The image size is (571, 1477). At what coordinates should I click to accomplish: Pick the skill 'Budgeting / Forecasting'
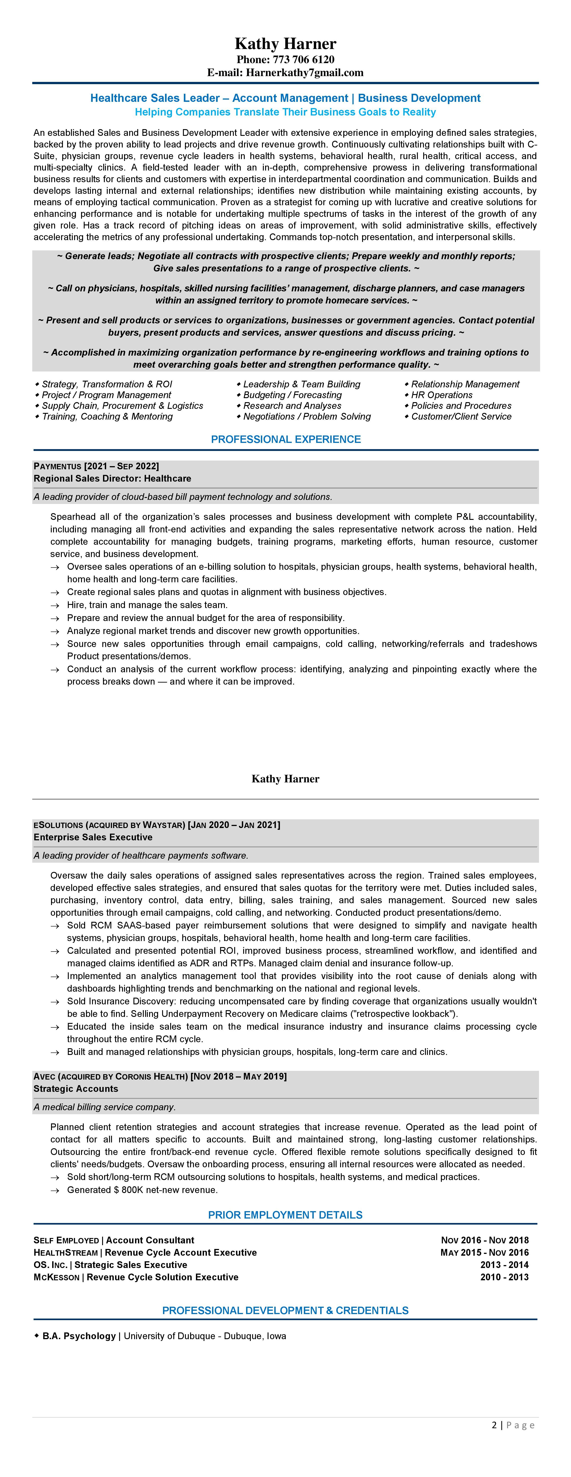pyautogui.click(x=292, y=395)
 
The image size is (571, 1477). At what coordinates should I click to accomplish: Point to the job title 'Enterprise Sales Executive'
pyautogui.click(x=93, y=837)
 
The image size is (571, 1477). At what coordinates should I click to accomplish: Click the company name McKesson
pyautogui.click(x=56, y=1277)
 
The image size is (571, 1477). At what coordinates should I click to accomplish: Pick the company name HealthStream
pyautogui.click(x=65, y=1252)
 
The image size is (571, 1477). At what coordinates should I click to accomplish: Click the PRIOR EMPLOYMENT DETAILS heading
pyautogui.click(x=285, y=1215)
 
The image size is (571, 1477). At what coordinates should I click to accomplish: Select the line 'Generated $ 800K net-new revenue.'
pyautogui.click(x=142, y=1190)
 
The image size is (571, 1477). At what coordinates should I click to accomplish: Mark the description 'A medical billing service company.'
pyautogui.click(x=104, y=1107)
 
